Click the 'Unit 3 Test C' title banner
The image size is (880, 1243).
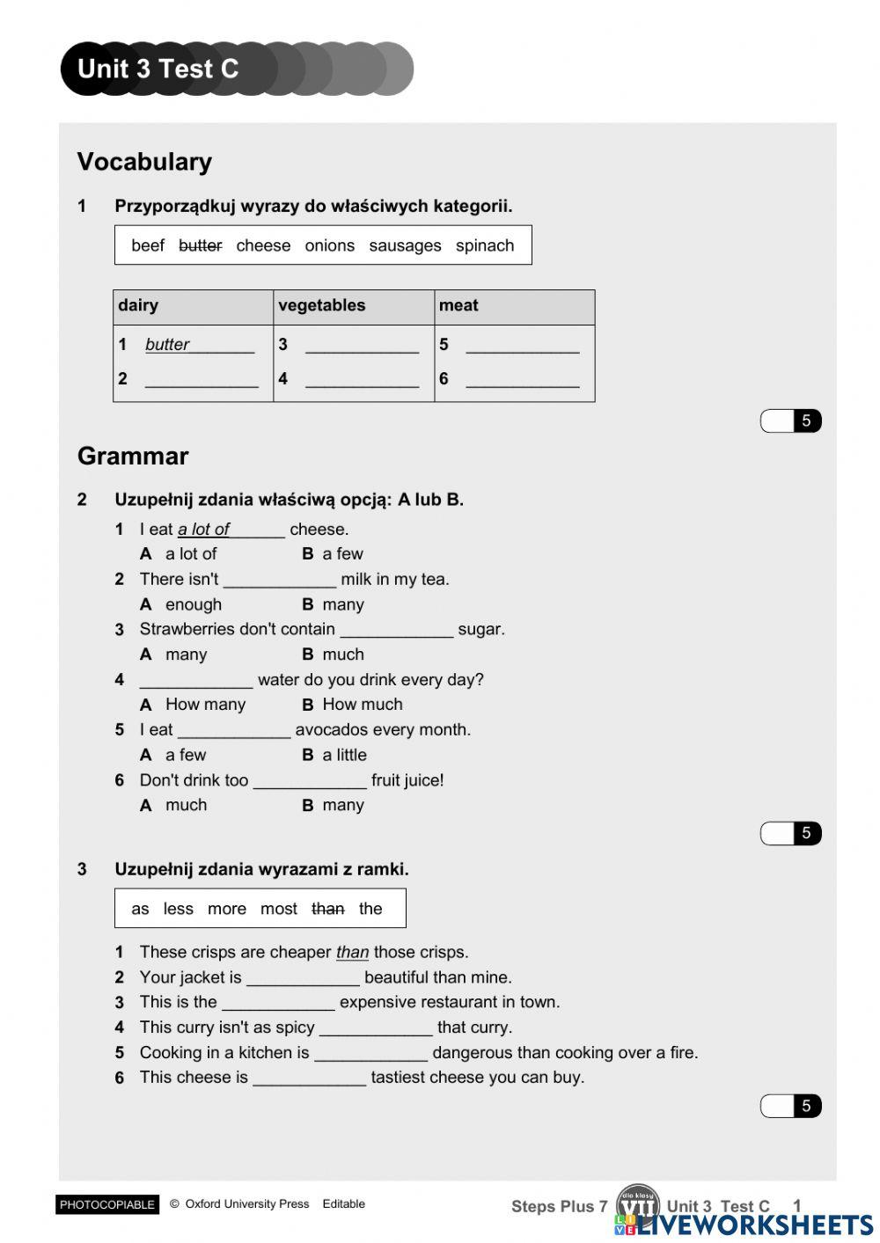point(158,69)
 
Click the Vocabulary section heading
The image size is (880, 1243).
point(144,162)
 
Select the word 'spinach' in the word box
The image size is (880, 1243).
point(484,245)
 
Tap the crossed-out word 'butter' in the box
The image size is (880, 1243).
point(200,245)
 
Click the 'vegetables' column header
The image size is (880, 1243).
point(321,305)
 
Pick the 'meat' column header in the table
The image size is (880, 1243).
point(458,305)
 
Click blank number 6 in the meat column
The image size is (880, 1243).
point(522,379)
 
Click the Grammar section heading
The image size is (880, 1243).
point(133,456)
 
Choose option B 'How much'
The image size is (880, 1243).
point(362,705)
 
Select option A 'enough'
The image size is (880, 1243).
point(193,604)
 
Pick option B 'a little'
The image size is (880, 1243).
point(344,755)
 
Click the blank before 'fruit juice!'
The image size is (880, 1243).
point(310,781)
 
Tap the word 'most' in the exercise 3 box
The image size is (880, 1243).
point(278,909)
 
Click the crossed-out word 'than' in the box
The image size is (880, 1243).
point(327,909)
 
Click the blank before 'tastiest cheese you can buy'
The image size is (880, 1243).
point(310,1078)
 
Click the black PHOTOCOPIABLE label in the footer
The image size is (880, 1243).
point(107,1204)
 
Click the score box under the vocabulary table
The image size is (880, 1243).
point(789,420)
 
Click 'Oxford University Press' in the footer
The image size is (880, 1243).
point(246,1204)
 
